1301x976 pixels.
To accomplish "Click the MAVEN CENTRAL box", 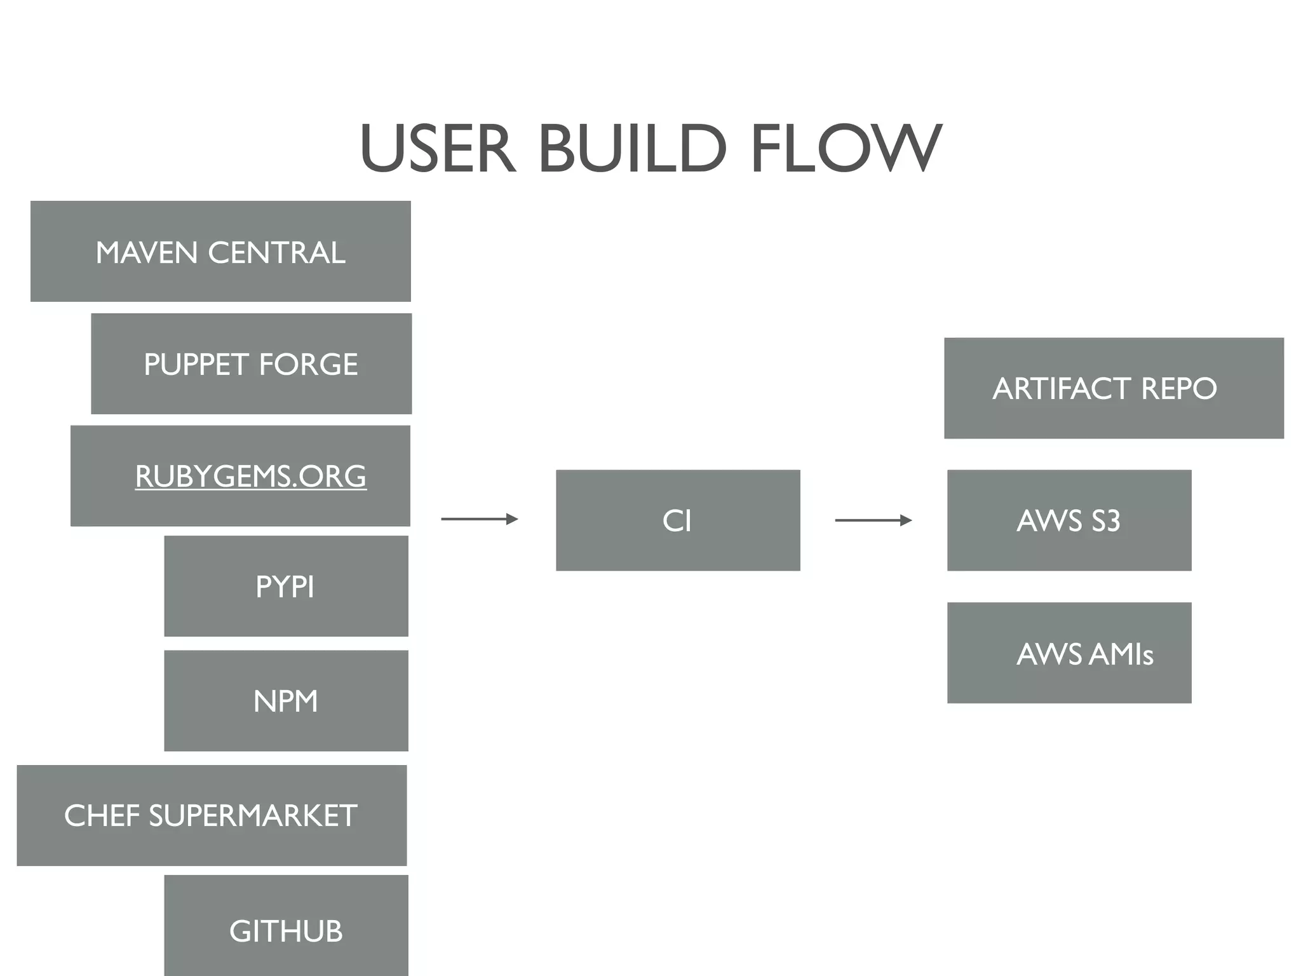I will (x=220, y=251).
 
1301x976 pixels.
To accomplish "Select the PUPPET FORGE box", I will (x=251, y=363).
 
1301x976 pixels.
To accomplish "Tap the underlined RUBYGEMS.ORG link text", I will (x=250, y=476).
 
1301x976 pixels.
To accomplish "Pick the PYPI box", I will (x=286, y=586).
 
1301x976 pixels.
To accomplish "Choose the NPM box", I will (x=286, y=700).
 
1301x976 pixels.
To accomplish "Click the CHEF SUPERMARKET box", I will (x=211, y=815).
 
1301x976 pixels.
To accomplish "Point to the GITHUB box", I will (x=286, y=930).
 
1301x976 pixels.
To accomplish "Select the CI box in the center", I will (x=678, y=520).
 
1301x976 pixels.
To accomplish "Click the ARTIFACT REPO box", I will (x=1114, y=388).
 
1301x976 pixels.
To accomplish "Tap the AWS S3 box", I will (x=1069, y=520).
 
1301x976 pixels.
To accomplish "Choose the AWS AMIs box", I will (x=1069, y=653).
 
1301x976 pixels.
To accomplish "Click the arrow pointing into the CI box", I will (x=480, y=519).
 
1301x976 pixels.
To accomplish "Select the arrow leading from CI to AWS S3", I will (x=873, y=520).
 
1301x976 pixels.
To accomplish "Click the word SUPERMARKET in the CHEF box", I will (x=253, y=816).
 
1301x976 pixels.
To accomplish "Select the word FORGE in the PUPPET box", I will (x=308, y=364).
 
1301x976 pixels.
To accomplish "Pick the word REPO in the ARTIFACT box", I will (x=1178, y=388).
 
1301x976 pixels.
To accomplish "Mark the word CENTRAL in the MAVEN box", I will (x=277, y=252).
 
